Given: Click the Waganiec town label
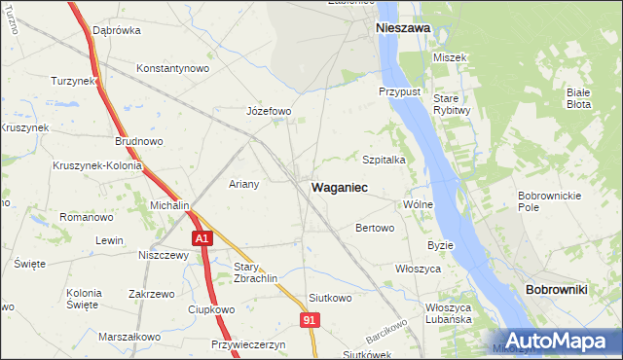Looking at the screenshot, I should (339, 187).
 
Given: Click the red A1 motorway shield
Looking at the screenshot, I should (201, 238).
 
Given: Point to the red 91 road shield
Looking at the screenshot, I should (310, 319).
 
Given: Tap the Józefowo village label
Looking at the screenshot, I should (270, 111).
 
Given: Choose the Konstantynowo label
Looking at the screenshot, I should (173, 69).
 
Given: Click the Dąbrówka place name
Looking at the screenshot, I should (117, 30).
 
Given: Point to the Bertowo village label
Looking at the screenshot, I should (375, 229).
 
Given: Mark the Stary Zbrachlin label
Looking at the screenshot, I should (256, 271).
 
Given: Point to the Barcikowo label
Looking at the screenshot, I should (385, 332).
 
